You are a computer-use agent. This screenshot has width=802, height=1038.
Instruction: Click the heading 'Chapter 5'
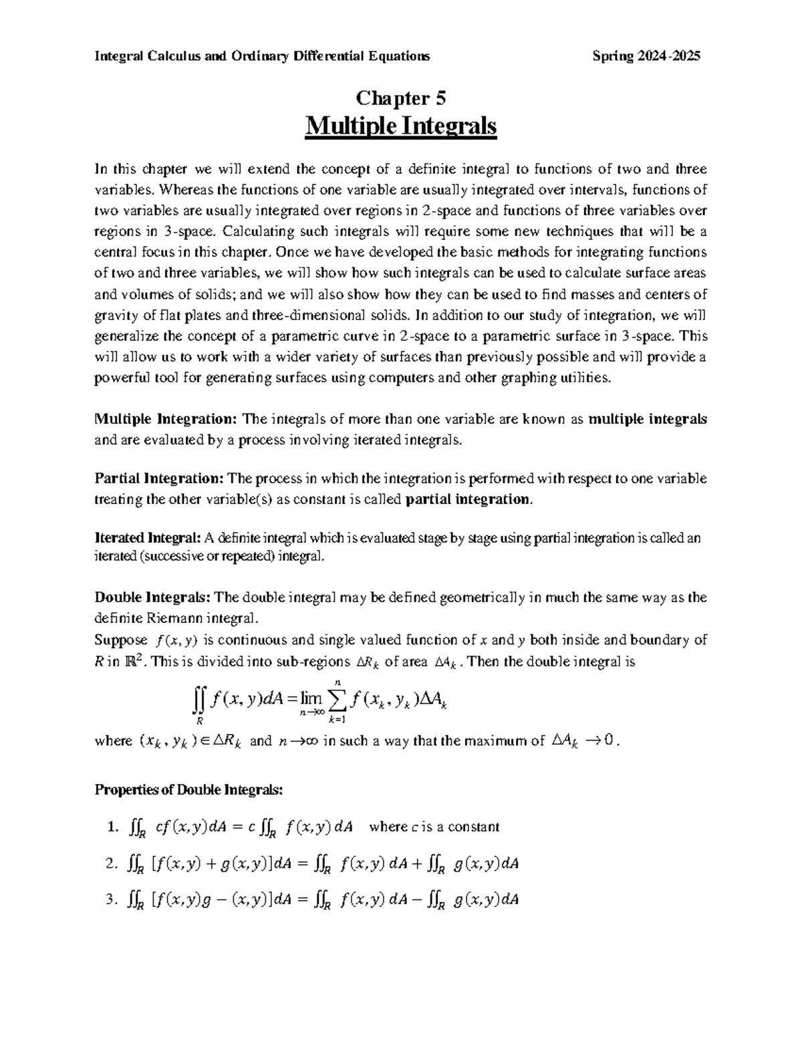point(400,99)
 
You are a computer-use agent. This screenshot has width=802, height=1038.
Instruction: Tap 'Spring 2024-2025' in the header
point(646,56)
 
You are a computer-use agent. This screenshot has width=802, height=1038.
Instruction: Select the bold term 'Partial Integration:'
point(159,479)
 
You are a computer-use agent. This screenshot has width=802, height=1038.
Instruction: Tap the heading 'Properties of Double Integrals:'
point(189,790)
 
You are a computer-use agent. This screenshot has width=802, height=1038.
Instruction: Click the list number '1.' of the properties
point(111,827)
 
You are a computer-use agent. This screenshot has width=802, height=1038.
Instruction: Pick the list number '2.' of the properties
point(111,864)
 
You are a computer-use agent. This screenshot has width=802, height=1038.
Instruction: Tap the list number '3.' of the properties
point(111,900)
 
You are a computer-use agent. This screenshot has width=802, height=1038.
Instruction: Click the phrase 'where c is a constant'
point(434,827)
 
